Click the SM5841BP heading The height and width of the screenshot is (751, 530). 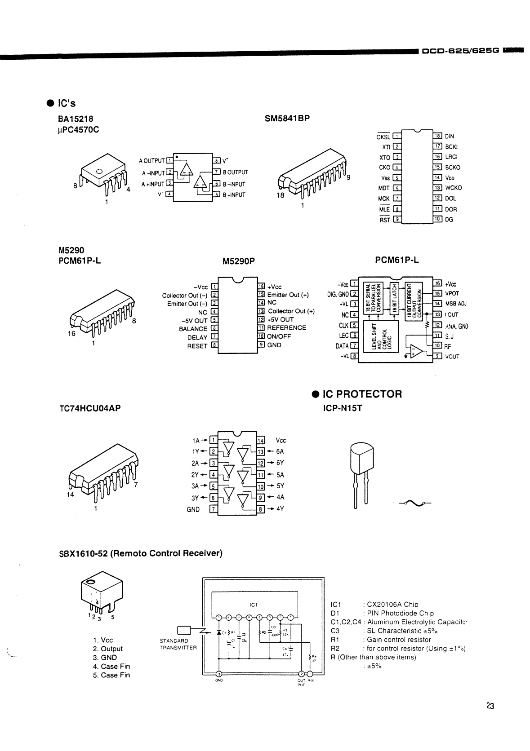(287, 119)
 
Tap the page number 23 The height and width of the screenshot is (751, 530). (490, 706)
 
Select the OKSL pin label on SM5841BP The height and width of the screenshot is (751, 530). (383, 137)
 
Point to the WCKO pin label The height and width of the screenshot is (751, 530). (453, 188)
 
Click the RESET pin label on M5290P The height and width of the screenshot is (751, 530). (197, 346)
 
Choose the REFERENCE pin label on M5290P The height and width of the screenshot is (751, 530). (286, 328)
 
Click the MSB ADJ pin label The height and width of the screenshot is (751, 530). (456, 304)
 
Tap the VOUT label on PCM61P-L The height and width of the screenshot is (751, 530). (452, 357)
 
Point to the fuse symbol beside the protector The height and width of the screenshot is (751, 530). (413, 504)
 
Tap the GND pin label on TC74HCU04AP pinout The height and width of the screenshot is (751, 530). (193, 510)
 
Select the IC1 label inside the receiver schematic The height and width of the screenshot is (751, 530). (253, 605)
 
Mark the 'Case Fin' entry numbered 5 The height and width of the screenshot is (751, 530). (111, 675)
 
